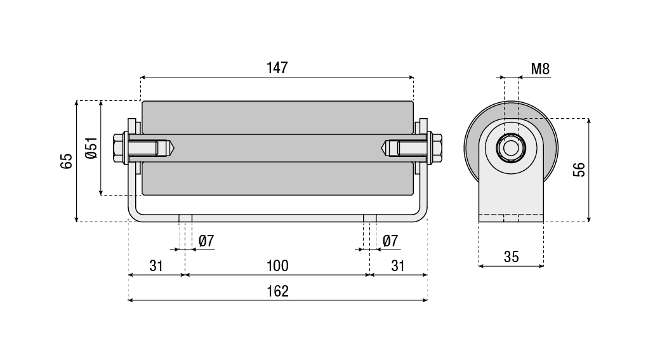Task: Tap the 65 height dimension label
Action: (66, 161)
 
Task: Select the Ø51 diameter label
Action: (91, 147)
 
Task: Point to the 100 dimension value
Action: (277, 265)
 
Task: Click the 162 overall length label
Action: (277, 291)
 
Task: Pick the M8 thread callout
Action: (539, 69)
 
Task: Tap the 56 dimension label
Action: (578, 170)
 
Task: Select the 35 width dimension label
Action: (511, 257)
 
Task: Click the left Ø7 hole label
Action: (206, 241)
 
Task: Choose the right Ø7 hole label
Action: (390, 241)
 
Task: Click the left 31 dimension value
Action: (156, 265)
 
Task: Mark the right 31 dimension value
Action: (398, 265)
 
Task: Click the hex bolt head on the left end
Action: (119, 148)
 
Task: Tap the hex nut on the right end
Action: (437, 148)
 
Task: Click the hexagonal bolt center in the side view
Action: (510, 148)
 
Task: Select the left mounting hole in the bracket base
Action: (185, 218)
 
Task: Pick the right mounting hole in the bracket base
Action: (369, 218)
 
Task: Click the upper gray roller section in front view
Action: (277, 117)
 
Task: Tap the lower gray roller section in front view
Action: (277, 178)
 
